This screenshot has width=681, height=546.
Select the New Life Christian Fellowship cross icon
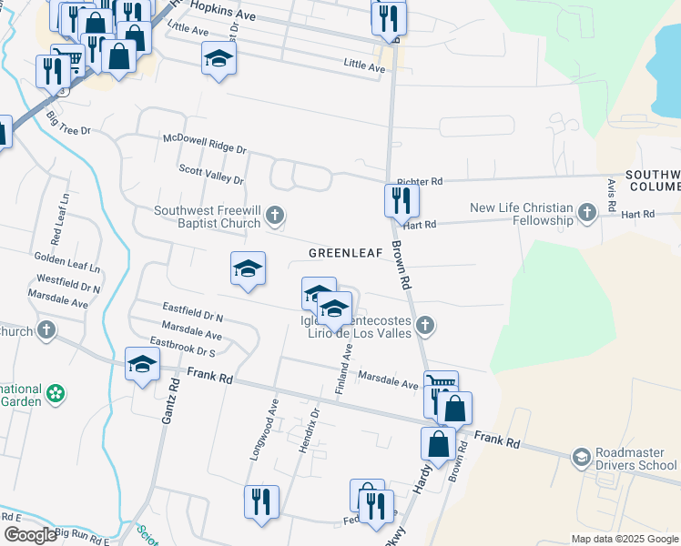tap(587, 215)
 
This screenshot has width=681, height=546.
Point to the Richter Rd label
tap(420, 182)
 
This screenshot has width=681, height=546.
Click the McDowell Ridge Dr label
tap(205, 142)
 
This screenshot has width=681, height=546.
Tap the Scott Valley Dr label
tap(211, 175)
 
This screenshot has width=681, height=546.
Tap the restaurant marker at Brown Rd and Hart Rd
tap(401, 199)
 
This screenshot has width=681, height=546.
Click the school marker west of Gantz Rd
tap(142, 366)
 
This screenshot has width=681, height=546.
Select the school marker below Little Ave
tap(218, 60)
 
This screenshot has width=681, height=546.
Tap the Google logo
tap(30, 534)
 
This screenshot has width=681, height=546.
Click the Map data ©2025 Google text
tap(624, 539)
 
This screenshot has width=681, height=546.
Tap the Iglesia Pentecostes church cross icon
tap(423, 325)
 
